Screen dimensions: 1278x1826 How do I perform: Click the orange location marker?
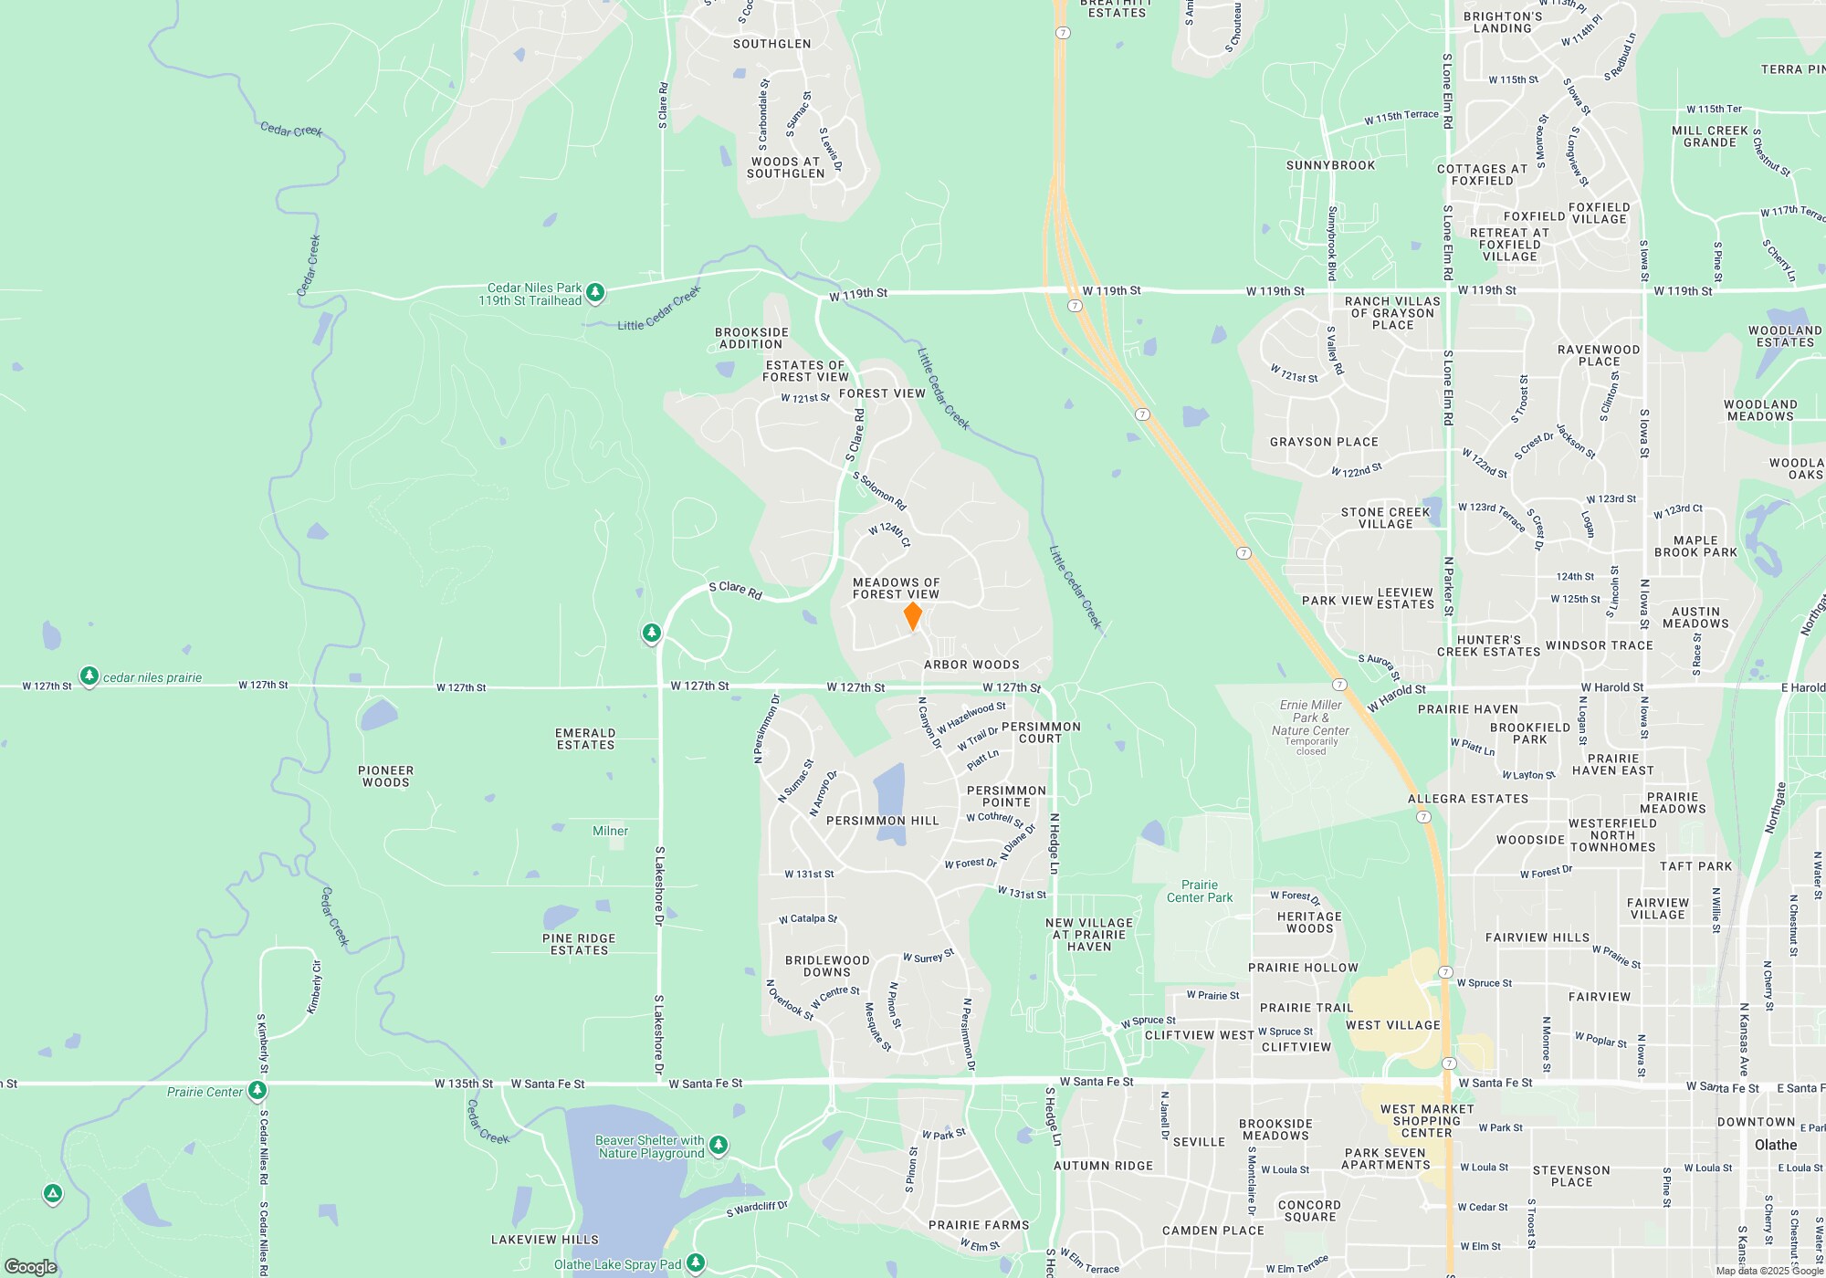pos(912,616)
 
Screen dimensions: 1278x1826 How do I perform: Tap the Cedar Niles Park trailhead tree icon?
pos(595,293)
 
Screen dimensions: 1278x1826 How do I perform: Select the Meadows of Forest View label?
pos(896,589)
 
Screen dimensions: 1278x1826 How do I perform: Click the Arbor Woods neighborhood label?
pos(971,665)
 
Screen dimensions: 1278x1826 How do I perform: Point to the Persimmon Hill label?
pos(882,822)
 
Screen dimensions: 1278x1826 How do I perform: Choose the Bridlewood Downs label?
pos(827,967)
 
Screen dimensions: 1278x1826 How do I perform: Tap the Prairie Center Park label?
pos(1199,892)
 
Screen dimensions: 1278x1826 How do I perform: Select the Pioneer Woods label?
pos(385,777)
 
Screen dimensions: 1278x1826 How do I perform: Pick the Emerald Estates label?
pos(585,739)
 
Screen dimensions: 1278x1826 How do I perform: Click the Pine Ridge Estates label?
pos(579,945)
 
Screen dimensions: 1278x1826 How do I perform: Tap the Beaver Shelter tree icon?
pos(719,1145)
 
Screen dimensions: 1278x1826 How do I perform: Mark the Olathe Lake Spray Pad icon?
pos(696,1263)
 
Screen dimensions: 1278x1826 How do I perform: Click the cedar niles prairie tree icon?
pos(89,676)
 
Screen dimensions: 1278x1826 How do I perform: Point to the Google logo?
pos(30,1267)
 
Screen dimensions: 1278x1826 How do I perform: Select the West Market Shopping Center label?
pos(1426,1121)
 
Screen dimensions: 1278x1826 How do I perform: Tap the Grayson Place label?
pos(1324,443)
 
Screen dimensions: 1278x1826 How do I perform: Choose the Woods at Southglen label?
pos(785,168)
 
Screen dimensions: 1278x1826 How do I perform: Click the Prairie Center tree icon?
pos(257,1090)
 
